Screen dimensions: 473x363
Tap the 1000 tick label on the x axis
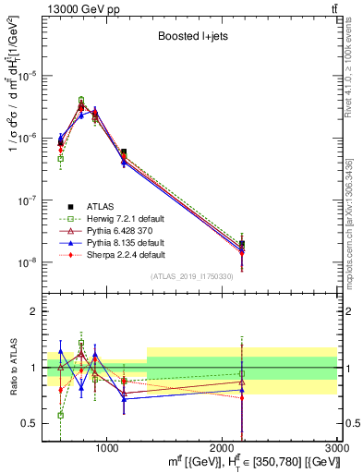pos(107,448)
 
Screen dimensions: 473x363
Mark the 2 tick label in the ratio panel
pos(35,311)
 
